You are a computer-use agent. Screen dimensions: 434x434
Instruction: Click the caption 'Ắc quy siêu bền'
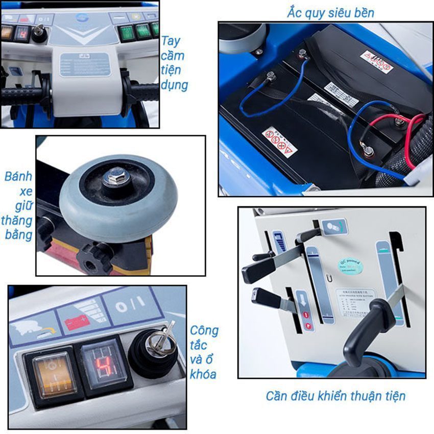click(330, 12)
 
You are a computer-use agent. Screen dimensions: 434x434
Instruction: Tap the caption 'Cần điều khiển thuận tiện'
click(335, 396)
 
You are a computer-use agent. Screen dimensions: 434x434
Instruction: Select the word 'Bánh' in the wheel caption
click(18, 177)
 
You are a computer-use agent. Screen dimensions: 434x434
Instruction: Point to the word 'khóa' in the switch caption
click(203, 374)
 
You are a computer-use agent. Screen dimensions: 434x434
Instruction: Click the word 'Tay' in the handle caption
click(170, 41)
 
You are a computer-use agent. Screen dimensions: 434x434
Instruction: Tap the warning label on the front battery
click(279, 142)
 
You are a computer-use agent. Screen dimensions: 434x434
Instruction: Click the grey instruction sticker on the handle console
click(85, 65)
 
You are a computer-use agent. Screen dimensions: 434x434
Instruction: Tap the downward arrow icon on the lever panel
click(302, 297)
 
